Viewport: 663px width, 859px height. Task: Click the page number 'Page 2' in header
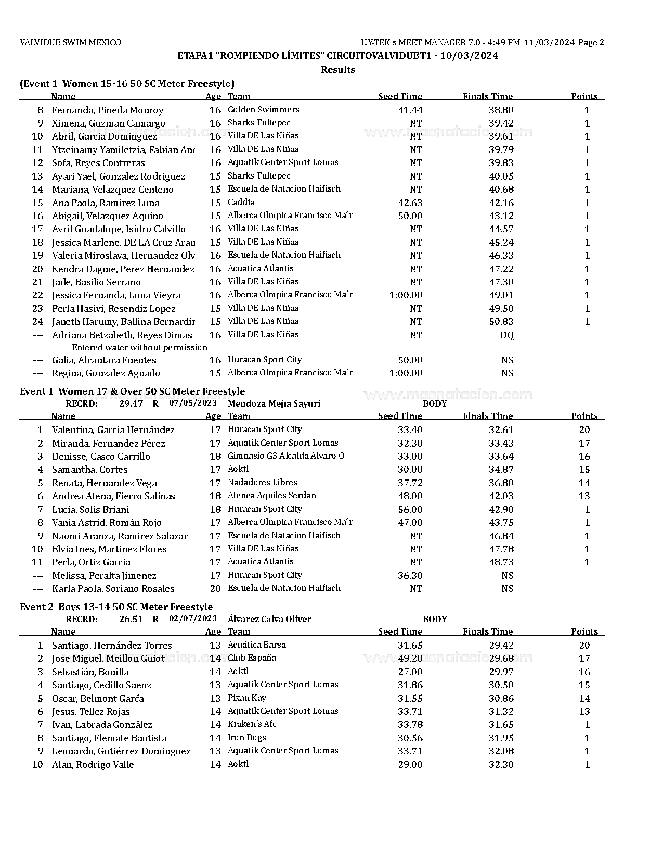591,43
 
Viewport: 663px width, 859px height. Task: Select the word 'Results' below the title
337,70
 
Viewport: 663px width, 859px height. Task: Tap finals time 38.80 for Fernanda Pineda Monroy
501,110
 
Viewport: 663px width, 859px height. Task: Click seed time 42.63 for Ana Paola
410,203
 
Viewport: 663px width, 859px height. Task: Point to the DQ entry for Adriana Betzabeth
506,335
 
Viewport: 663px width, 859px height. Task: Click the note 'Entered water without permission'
139,348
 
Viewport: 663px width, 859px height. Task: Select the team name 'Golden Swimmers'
263,110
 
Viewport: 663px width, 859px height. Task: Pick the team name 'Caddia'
241,203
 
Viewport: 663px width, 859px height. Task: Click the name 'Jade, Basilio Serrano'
96,282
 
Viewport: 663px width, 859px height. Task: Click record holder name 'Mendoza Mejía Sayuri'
274,404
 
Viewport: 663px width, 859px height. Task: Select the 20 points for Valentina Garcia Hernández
584,430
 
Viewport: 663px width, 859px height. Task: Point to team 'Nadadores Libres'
262,483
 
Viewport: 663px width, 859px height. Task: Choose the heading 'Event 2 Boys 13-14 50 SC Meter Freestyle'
116,607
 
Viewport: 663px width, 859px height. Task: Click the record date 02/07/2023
192,618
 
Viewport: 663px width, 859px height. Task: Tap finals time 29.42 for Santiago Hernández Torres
501,646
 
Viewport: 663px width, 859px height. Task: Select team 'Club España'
252,658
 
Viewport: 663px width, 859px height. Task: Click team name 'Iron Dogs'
246,738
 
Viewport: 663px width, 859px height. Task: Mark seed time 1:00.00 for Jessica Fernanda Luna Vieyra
406,295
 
